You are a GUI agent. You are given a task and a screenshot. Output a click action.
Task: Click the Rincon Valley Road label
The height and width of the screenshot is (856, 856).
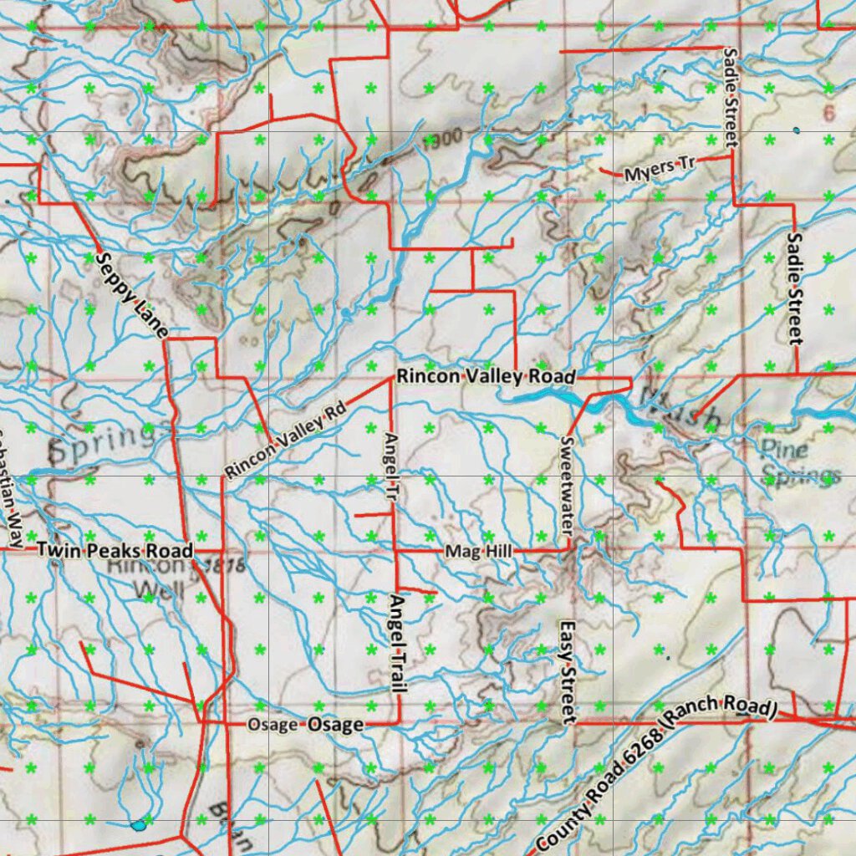[x=486, y=377]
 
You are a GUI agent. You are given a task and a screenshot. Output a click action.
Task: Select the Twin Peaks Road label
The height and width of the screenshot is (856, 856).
[x=115, y=551]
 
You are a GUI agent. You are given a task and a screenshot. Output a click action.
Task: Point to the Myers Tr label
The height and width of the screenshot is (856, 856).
[x=660, y=170]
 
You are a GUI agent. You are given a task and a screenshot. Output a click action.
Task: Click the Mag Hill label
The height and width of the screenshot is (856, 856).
[x=478, y=552]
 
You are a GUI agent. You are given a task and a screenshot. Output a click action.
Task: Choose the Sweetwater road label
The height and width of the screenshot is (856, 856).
[x=567, y=486]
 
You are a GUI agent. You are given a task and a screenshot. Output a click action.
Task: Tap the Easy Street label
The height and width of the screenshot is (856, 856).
[x=568, y=672]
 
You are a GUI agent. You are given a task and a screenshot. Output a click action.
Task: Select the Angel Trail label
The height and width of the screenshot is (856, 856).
[x=397, y=644]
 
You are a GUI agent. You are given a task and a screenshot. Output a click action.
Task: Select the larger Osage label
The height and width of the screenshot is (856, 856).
[x=335, y=725]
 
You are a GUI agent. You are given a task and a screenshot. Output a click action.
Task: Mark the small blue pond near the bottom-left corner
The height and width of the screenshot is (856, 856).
[x=138, y=825]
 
